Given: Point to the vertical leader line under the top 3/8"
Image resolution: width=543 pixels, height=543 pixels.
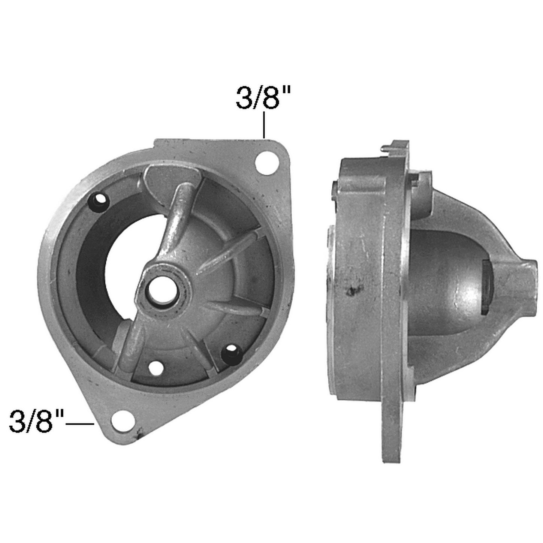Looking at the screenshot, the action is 264,124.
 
